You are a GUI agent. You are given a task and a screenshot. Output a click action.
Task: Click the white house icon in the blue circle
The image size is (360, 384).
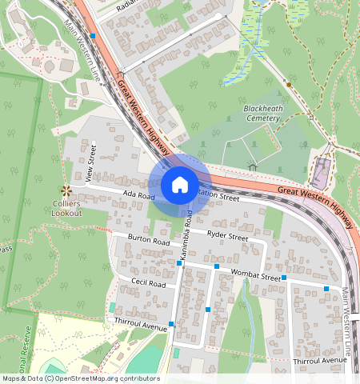180,185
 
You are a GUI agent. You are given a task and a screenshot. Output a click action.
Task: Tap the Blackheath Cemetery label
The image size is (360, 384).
262,113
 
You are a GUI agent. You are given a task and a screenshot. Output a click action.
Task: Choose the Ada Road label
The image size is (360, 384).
138,194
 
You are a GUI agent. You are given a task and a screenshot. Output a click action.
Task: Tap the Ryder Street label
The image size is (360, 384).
228,236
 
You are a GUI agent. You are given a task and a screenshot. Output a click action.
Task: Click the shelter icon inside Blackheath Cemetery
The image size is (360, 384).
253,166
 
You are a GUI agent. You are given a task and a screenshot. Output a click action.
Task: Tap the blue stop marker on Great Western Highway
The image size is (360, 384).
93,36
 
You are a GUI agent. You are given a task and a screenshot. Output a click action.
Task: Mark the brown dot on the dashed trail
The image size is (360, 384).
288,83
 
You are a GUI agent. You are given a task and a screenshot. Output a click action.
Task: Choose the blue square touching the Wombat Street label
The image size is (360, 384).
285,278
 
